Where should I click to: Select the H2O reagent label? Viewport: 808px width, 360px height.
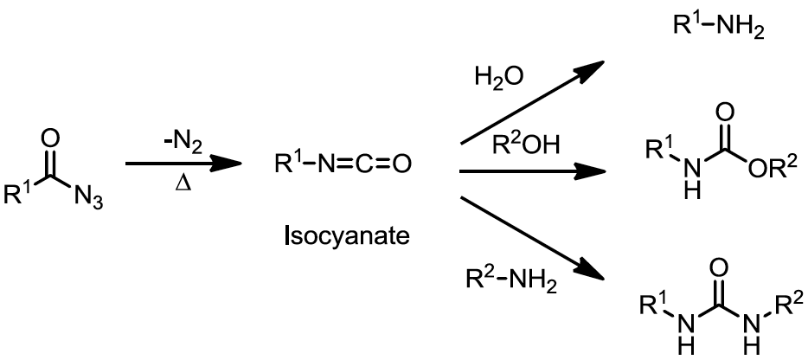coord(498,80)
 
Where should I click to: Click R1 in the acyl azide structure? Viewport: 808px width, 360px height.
coord(16,195)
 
